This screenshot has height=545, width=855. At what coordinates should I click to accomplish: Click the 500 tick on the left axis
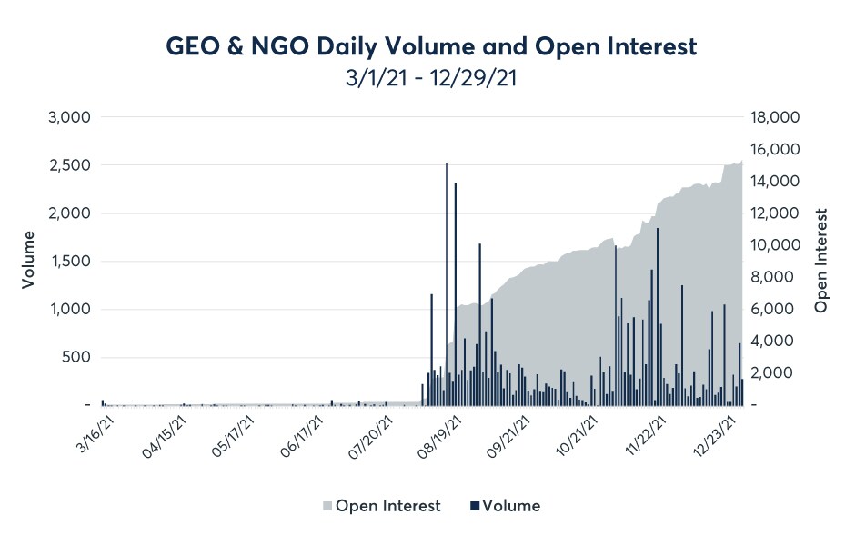[76, 357]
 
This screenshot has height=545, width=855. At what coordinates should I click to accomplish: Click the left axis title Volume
[27, 261]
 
